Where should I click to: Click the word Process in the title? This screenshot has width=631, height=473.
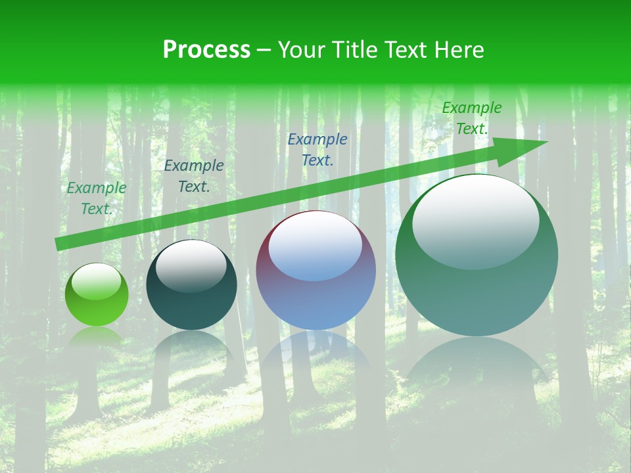click(206, 50)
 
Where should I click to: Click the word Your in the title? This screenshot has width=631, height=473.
click(302, 50)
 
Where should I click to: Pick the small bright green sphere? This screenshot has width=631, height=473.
click(97, 295)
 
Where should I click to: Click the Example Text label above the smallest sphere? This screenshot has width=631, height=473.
click(97, 198)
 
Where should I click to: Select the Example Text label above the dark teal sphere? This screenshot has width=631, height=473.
click(194, 176)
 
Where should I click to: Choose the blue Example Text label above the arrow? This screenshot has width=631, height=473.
click(317, 149)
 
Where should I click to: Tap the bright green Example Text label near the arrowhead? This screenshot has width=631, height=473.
click(472, 118)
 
